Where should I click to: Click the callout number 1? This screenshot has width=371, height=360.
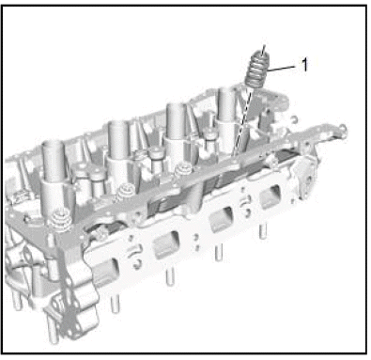click(304, 65)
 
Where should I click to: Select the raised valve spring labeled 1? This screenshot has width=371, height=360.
click(257, 70)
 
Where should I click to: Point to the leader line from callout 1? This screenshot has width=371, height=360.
click(282, 69)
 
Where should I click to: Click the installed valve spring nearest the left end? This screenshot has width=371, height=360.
click(60, 218)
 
